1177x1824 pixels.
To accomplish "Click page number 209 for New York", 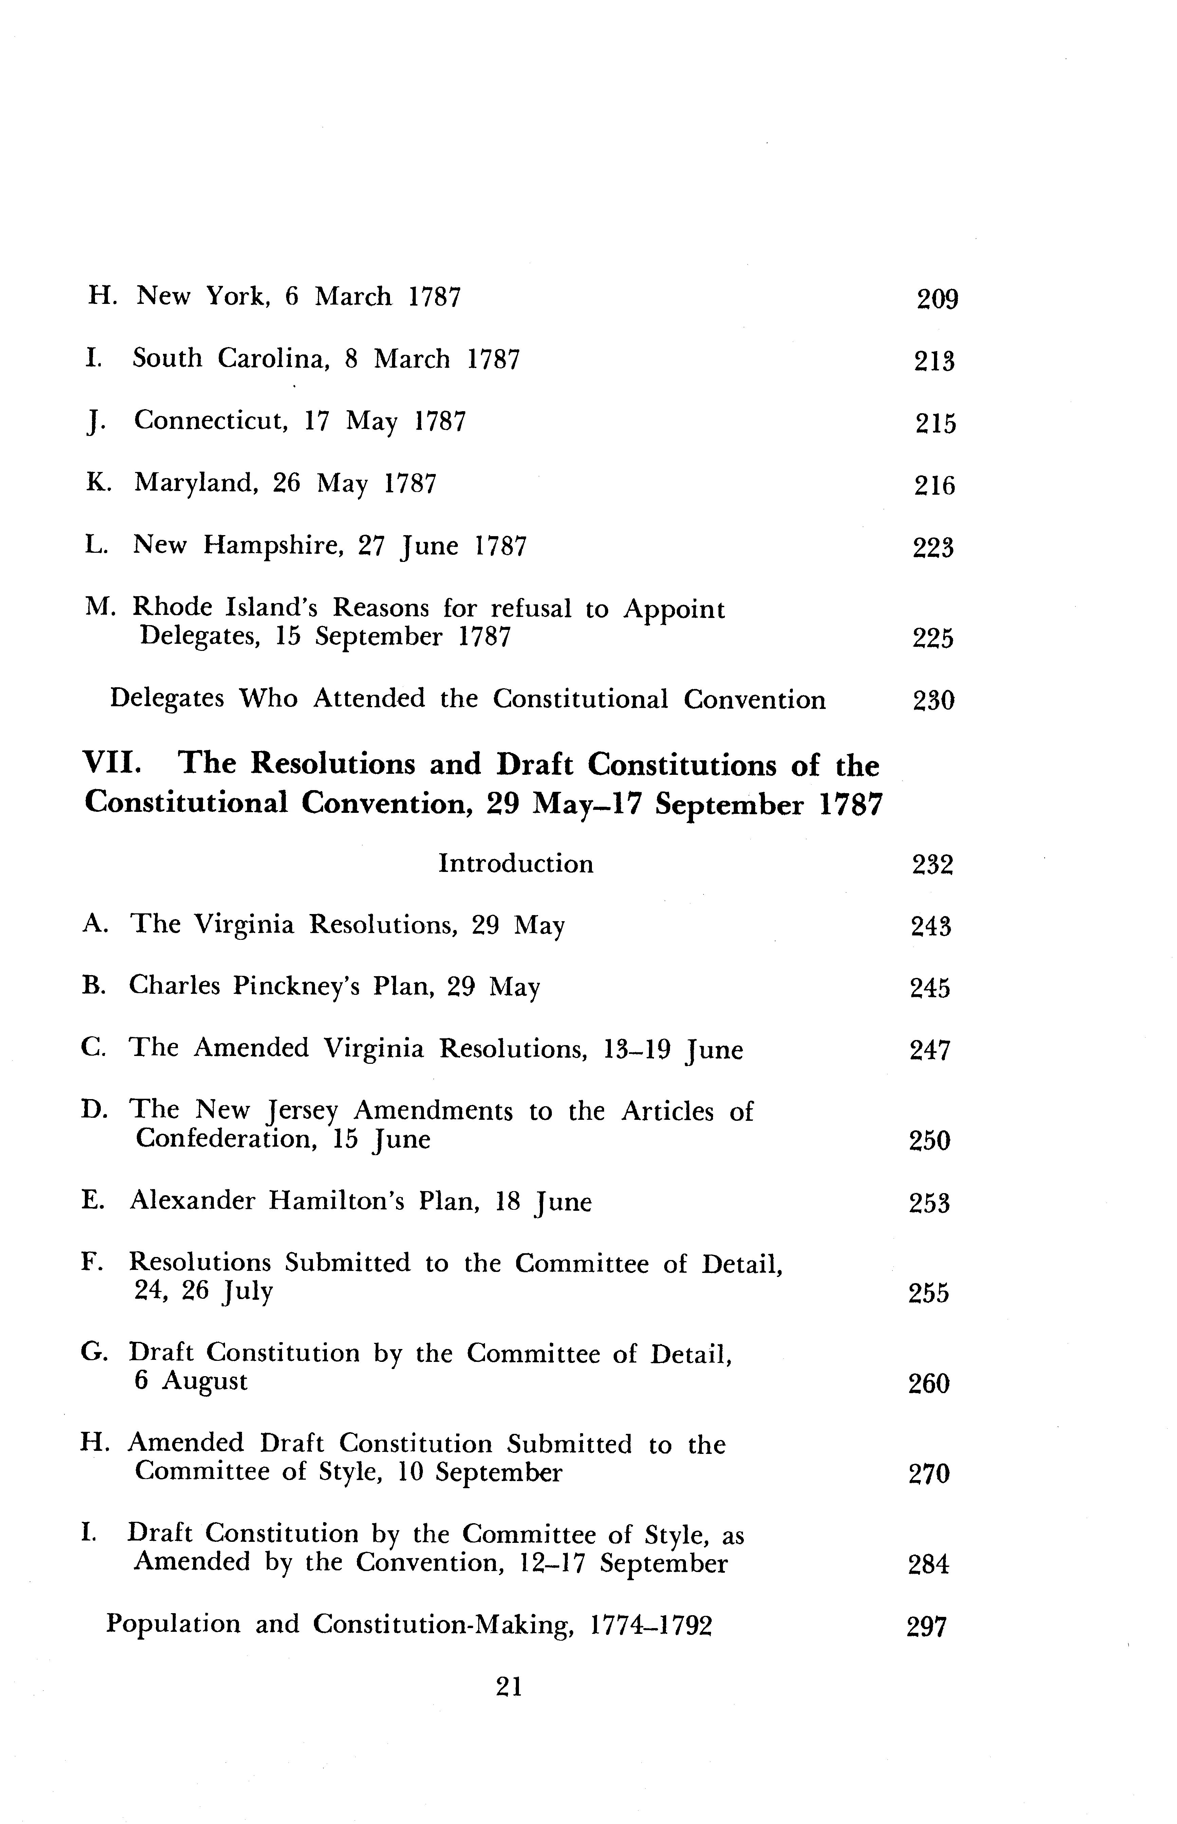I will click(937, 298).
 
